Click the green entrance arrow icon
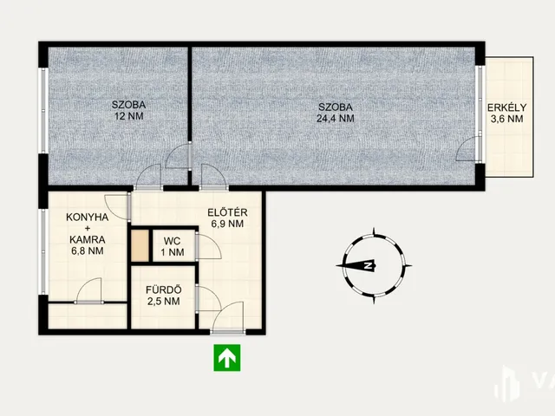(227, 358)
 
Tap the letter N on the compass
(369, 265)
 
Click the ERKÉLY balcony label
(506, 107)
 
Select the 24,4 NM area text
(336, 119)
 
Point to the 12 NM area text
(129, 116)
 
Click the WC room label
(172, 241)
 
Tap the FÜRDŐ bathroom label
(164, 290)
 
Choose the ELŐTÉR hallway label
(227, 212)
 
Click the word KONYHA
(87, 218)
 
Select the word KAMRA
(87, 240)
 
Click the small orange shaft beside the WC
(140, 245)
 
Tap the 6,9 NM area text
(227, 224)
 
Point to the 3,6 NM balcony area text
(506, 119)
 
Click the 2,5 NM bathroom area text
(164, 302)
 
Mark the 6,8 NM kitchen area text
(87, 251)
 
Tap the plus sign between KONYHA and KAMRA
(87, 229)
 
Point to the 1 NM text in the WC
(173, 252)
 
